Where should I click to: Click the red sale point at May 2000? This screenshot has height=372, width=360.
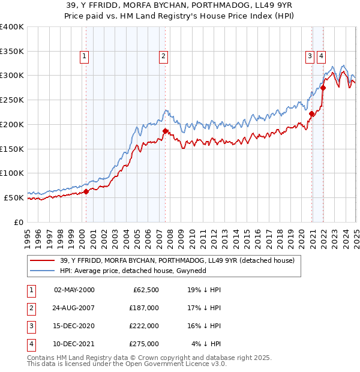coord(86,191)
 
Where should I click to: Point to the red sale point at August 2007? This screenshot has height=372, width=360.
coord(165,130)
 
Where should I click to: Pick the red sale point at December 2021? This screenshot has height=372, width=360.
coord(323,88)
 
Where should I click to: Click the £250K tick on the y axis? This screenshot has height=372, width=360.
coord(13,100)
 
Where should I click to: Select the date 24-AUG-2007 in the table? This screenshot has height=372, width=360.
coord(74,308)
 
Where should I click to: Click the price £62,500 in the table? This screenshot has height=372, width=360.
coord(145,290)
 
